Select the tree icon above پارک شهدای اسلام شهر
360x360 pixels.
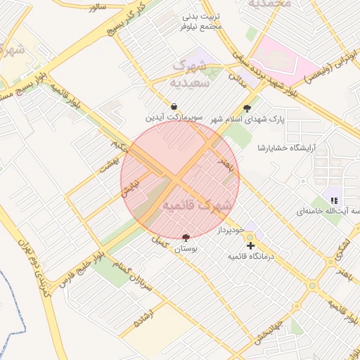[246, 108]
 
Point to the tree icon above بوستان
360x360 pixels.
[186, 238]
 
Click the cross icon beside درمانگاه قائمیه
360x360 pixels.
[251, 245]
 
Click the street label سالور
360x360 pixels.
[97, 6]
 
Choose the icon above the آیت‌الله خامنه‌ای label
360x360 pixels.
[334, 200]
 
